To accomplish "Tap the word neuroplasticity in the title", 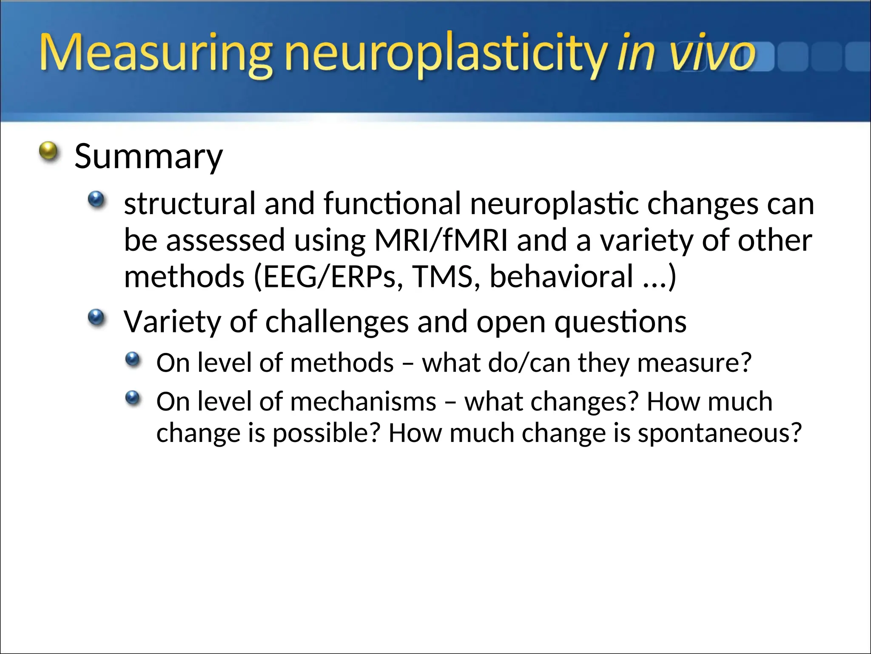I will [444, 54].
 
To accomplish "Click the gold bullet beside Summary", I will [48, 151].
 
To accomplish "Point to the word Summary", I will [148, 157].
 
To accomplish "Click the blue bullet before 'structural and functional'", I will [96, 199].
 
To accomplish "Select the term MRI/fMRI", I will [441, 240].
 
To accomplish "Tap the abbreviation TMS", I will [443, 277].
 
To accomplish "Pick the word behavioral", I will [561, 277].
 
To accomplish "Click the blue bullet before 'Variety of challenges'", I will [96, 317].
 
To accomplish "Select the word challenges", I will [337, 322].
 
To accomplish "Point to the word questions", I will [621, 322].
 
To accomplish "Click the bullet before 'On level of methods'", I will [133, 359].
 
